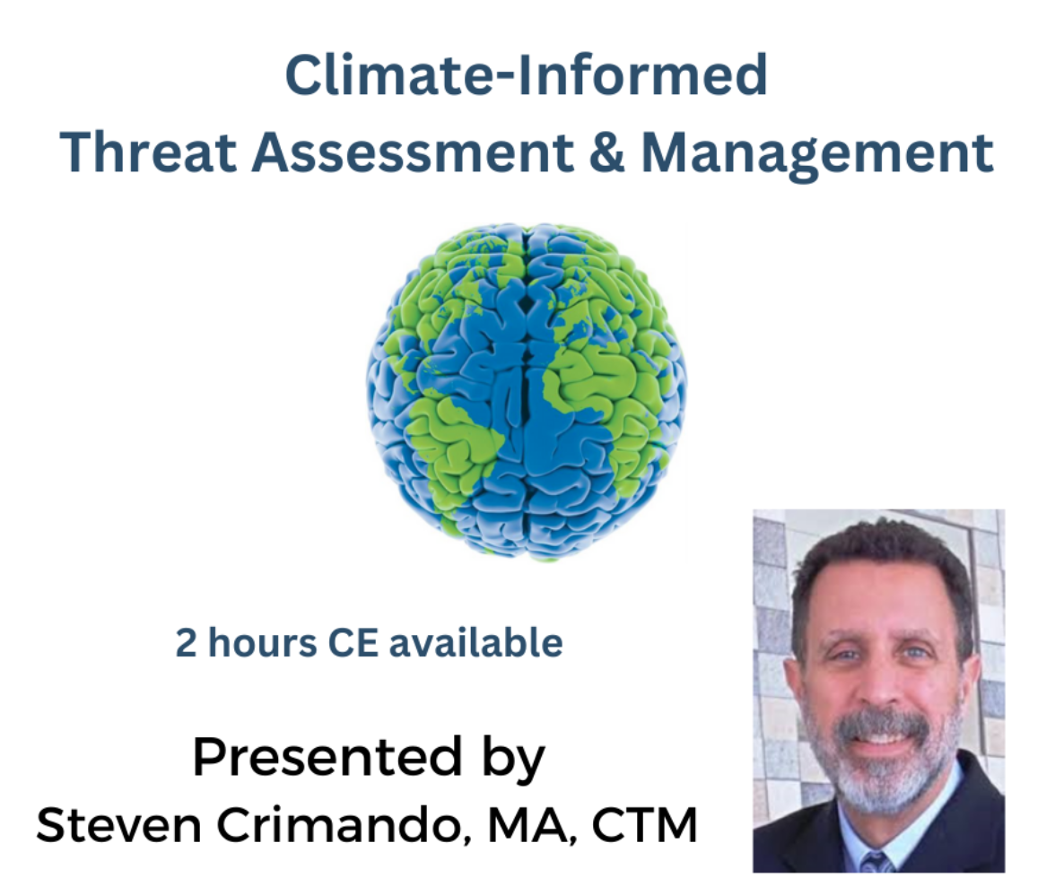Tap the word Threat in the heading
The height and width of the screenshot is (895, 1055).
[x=148, y=152]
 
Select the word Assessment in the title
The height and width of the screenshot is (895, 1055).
[x=413, y=152]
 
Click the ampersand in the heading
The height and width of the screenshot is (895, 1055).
[x=606, y=152]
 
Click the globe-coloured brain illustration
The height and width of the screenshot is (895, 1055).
[x=526, y=391]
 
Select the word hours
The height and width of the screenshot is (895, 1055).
[x=262, y=642]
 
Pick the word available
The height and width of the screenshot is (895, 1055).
[x=476, y=642]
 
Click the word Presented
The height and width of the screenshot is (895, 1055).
[x=327, y=757]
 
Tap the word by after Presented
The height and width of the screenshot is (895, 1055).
[x=512, y=760]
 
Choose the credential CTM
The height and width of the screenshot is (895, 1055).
[x=644, y=824]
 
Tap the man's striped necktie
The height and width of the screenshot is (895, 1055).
[x=876, y=862]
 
